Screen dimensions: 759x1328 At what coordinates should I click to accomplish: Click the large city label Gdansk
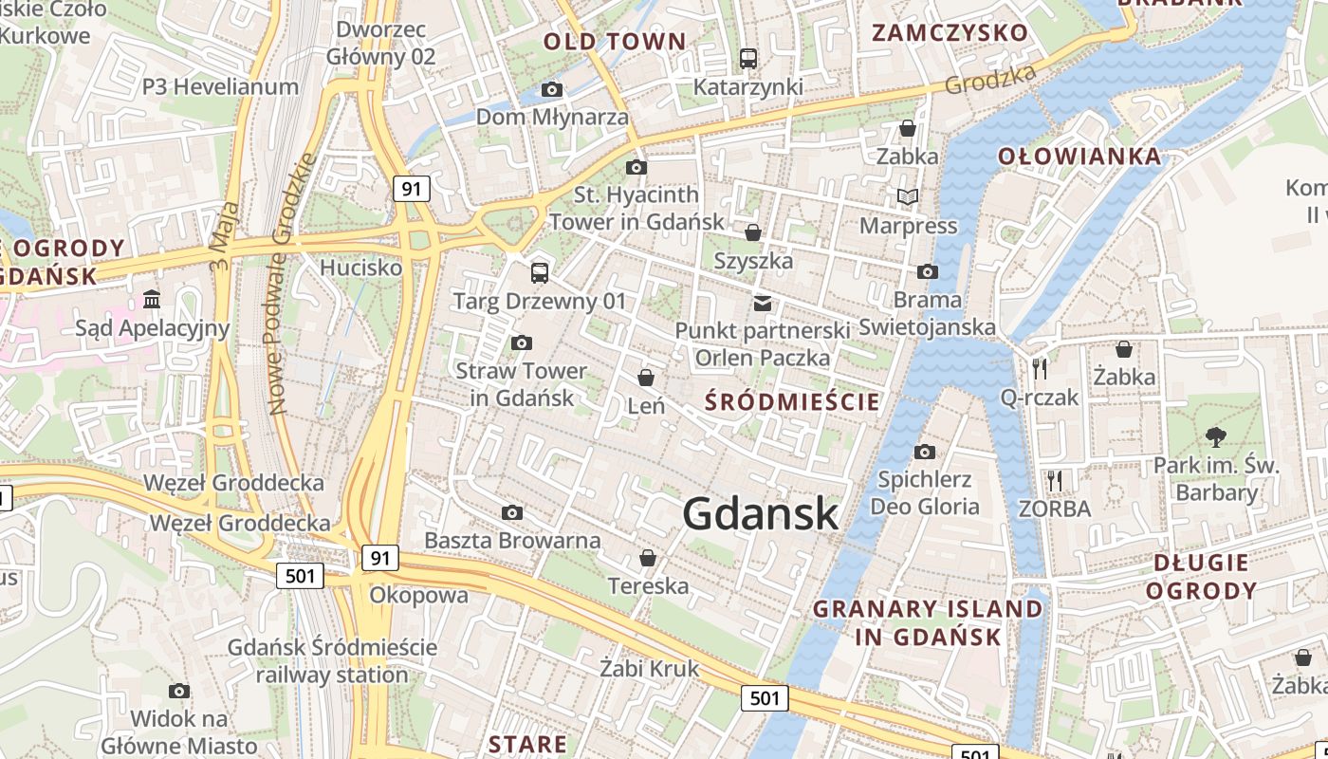[760, 514]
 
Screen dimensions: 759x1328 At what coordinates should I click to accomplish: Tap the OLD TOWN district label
[614, 42]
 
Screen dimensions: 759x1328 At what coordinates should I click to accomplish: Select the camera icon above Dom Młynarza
[552, 90]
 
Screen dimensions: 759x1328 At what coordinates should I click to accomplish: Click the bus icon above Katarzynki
[748, 59]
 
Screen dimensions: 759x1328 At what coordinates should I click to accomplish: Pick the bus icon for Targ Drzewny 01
[540, 273]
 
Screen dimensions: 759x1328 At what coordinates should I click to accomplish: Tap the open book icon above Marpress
[908, 197]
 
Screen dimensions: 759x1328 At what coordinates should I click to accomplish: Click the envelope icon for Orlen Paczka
[763, 304]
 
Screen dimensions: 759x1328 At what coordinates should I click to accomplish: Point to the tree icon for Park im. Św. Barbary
[1215, 437]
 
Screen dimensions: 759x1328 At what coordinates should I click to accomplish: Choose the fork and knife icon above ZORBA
[1054, 480]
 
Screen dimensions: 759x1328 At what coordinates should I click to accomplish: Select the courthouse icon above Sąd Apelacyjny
[152, 300]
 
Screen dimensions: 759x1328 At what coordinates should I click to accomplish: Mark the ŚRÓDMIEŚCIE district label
[792, 401]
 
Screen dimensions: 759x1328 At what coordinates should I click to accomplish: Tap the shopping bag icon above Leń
[646, 378]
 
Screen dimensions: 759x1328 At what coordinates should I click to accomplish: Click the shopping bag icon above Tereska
[648, 558]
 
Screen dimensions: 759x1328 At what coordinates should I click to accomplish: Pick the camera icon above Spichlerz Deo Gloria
[925, 452]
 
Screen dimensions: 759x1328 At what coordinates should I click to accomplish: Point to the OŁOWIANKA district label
[1079, 157]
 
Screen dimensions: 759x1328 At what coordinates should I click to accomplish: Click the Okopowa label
[418, 595]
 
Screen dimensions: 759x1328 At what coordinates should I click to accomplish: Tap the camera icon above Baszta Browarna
[512, 513]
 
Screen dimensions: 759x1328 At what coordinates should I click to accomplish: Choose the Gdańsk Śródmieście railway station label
[332, 661]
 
